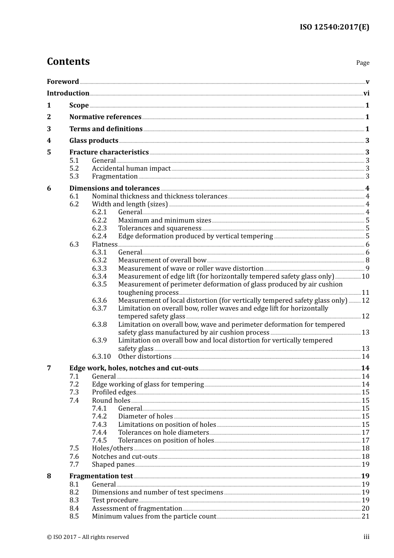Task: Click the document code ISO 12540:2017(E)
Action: click(x=334, y=27)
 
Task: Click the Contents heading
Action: click(x=68, y=61)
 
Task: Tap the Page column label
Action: click(x=362, y=63)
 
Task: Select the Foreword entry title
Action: click(x=63, y=82)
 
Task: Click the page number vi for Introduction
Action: click(x=366, y=93)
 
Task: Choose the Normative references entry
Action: click(x=105, y=117)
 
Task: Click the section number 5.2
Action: click(x=74, y=169)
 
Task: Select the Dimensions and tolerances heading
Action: click(x=114, y=188)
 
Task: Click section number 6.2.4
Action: click(x=99, y=236)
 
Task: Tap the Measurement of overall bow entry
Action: click(x=162, y=260)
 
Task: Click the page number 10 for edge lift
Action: click(x=365, y=277)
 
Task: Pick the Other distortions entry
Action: click(x=145, y=357)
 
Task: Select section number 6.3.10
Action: click(x=101, y=357)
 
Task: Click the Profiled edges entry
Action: click(x=114, y=392)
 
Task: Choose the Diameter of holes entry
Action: click(x=146, y=416)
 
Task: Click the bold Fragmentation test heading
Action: click(x=101, y=476)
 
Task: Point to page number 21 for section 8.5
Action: click(x=365, y=516)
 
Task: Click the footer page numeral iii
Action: click(x=366, y=537)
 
